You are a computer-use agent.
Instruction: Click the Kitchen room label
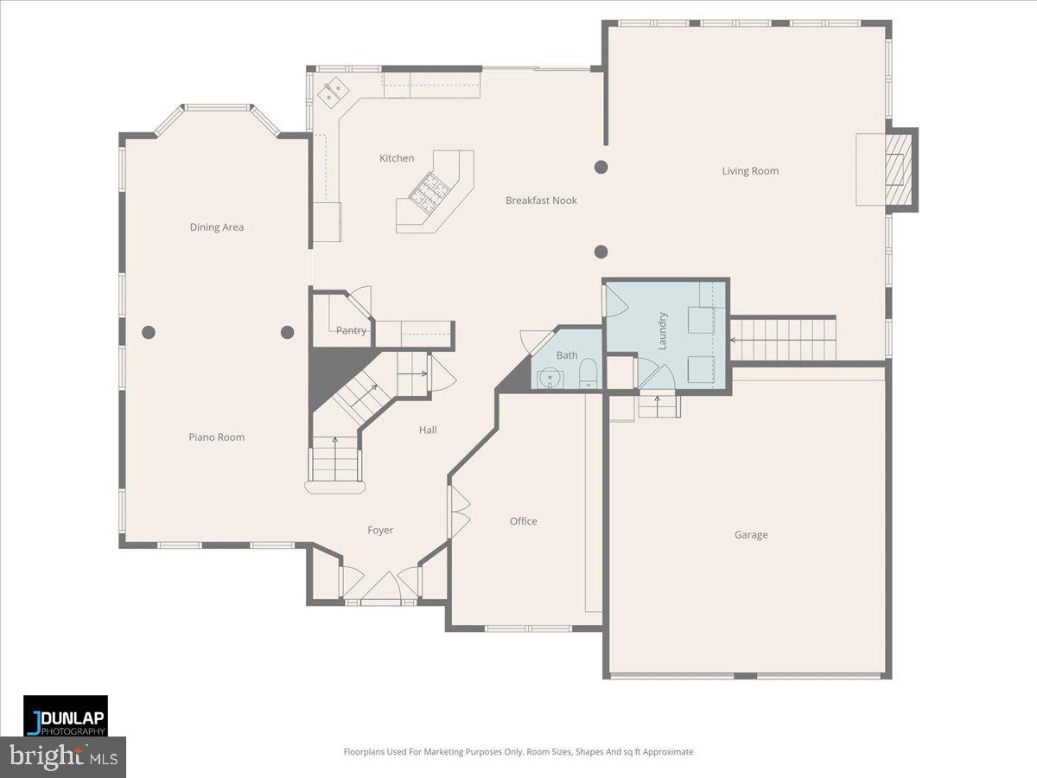(397, 158)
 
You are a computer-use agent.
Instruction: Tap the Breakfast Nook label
(541, 201)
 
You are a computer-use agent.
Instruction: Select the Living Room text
(750, 171)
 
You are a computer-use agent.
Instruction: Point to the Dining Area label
(217, 227)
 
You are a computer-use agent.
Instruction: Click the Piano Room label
(217, 437)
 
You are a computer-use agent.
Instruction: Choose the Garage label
(751, 535)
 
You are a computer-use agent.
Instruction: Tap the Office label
(523, 521)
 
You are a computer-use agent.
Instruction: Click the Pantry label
(351, 330)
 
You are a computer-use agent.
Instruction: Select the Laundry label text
(663, 330)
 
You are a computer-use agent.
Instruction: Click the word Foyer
(380, 531)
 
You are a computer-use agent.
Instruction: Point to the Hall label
(428, 430)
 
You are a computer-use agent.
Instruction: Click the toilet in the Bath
(588, 373)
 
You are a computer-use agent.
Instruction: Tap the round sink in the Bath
(550, 378)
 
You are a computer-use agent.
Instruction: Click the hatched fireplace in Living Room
(900, 169)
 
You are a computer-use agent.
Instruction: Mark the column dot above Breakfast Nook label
(601, 167)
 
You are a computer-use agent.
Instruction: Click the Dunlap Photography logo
(66, 717)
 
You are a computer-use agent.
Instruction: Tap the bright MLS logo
(63, 757)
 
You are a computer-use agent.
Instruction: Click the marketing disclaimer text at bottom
(518, 752)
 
